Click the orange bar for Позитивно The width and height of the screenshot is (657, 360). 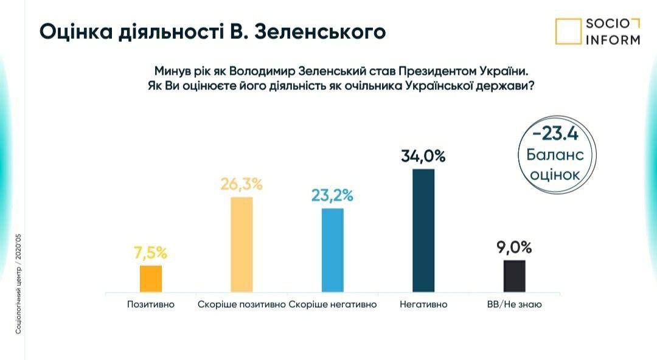pos(150,279)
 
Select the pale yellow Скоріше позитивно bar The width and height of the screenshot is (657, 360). pos(242,245)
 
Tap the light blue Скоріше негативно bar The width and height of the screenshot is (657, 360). pos(332,251)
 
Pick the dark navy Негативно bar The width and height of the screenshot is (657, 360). pos(423,230)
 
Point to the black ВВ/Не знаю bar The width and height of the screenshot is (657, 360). pos(514,276)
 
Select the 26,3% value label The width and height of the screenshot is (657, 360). pos(242,184)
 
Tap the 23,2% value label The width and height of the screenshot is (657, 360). pos(332,196)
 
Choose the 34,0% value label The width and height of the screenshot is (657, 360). pos(423,156)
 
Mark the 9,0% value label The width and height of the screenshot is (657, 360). pos(514,247)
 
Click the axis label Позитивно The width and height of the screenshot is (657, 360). pos(150,304)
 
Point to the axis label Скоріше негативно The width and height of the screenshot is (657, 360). pos(333,304)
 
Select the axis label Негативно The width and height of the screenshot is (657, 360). pos(423,304)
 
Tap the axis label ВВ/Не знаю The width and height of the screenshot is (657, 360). pos(514,304)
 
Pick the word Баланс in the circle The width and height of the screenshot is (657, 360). pos(555,154)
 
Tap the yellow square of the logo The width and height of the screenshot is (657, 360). pos(568,32)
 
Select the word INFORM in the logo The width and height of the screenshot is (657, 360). pos(613,40)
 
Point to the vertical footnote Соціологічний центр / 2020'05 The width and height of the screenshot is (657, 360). pos(18,282)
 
